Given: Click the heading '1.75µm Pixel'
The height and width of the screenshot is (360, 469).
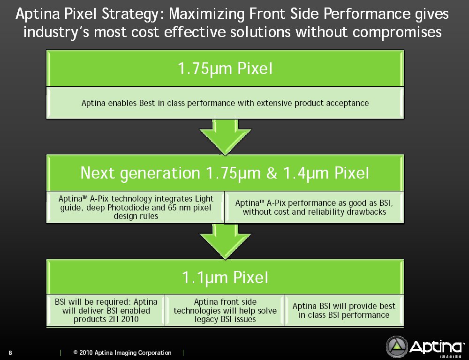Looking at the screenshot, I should tap(225, 69).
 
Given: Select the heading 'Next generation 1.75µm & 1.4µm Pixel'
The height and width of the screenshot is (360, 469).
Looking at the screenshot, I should tap(225, 173).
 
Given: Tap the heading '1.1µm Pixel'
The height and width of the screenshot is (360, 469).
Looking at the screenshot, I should tap(225, 278).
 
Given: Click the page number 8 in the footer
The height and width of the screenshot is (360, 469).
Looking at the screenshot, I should tap(10, 352).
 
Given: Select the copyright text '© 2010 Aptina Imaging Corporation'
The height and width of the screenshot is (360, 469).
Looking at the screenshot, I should tap(122, 352).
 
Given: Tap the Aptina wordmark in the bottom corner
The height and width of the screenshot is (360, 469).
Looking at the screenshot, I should tap(435, 347).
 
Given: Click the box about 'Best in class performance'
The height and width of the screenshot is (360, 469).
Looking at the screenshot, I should tap(225, 103).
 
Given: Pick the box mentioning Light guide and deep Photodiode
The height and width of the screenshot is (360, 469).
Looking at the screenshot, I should tap(136, 207).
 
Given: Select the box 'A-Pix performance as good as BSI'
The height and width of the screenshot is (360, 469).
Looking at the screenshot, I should tap(314, 207).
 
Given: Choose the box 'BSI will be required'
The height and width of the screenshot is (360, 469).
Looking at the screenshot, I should tap(106, 310).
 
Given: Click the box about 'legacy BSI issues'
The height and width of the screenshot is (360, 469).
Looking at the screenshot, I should tap(225, 310).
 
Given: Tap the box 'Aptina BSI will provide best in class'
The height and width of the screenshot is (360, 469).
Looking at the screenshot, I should tap(344, 310).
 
